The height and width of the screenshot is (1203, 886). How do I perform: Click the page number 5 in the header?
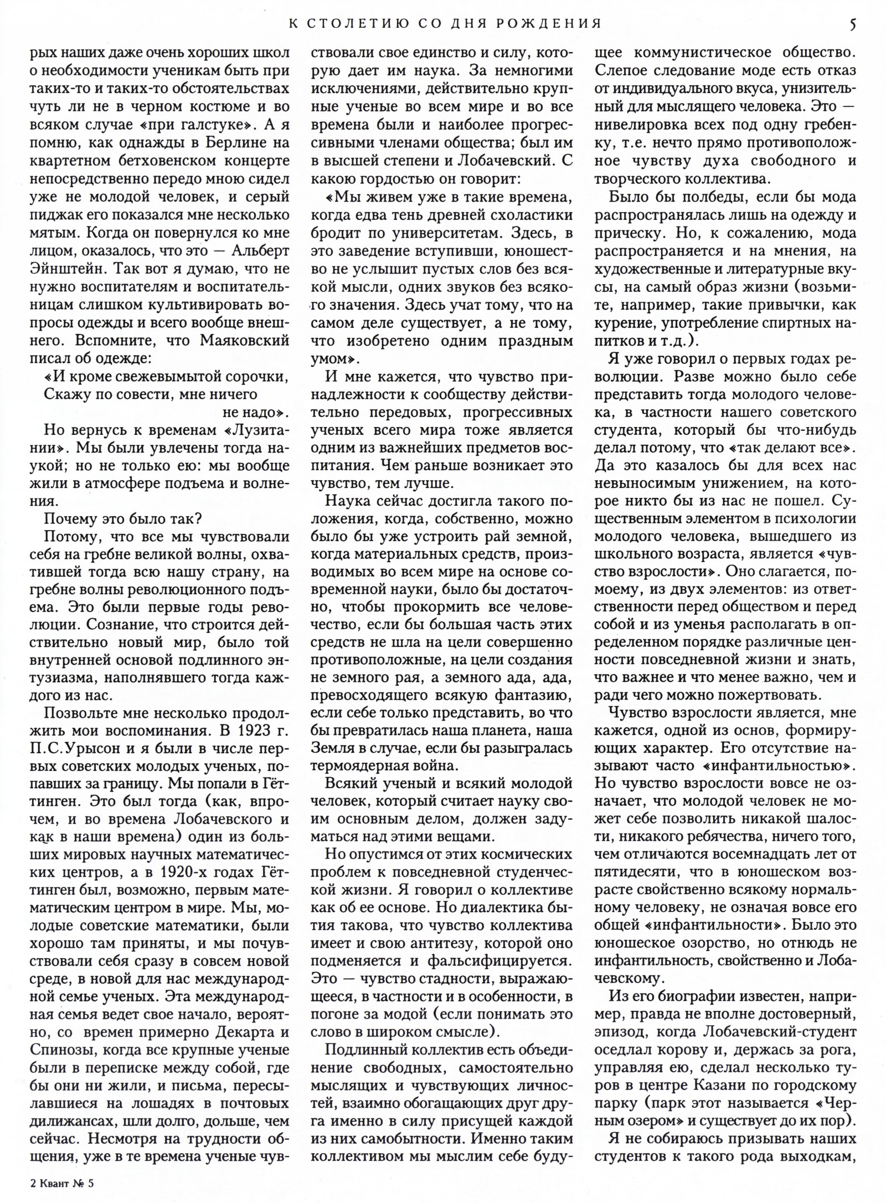click(853, 23)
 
